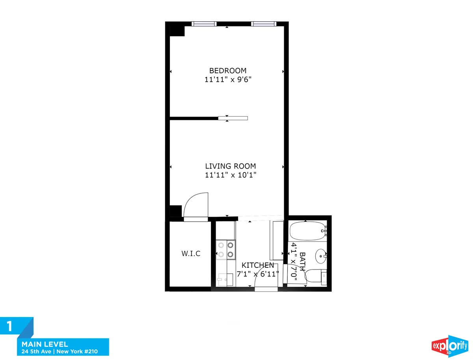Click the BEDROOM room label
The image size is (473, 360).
[x=228, y=71]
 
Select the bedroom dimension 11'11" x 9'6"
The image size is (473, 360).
[x=228, y=80]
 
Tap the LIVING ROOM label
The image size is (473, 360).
[x=231, y=166]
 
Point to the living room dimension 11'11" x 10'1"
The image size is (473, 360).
[x=231, y=175]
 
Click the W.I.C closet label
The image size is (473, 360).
[x=191, y=254]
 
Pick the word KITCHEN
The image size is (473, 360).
[x=258, y=265]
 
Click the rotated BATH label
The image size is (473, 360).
[x=302, y=261]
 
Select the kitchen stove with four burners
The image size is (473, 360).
[x=225, y=250]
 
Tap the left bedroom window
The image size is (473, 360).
[x=204, y=24]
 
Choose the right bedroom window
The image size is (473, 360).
[x=264, y=24]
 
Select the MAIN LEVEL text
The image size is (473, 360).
[x=45, y=344]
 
